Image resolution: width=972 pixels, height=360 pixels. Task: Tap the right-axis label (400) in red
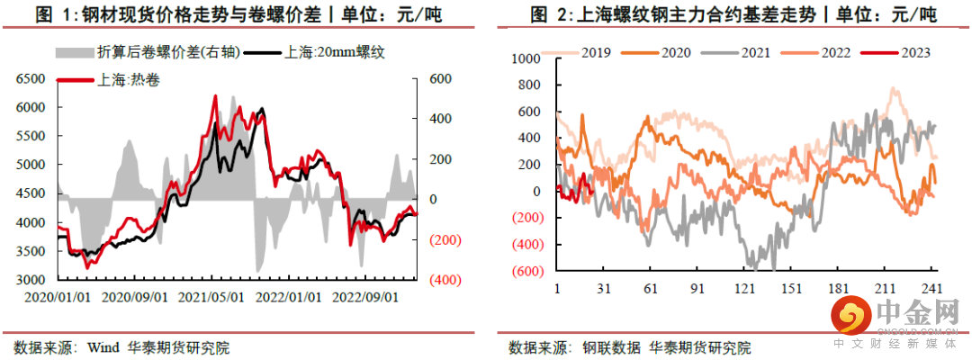pos(445,280)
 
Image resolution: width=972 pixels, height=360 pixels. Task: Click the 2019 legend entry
pos(594,52)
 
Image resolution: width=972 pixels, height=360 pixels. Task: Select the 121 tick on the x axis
pos(744,289)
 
